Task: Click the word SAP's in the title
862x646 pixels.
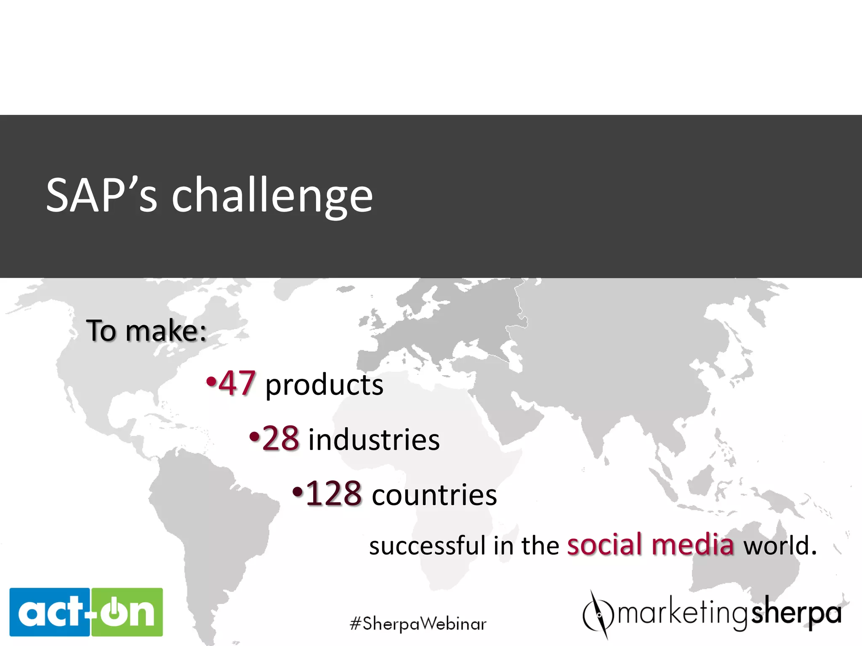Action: [x=101, y=195]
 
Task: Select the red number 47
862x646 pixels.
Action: [x=237, y=383]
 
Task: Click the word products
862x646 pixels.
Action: [x=324, y=385]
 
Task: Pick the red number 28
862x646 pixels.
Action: [x=281, y=438]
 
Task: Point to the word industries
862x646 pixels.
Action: [x=374, y=439]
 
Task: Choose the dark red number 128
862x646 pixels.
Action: [x=333, y=493]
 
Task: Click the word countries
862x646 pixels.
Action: [x=434, y=495]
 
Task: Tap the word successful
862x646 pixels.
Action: [x=427, y=545]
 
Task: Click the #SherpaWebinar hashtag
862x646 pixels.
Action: [x=418, y=623]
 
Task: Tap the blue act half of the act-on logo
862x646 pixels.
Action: [x=50, y=612]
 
